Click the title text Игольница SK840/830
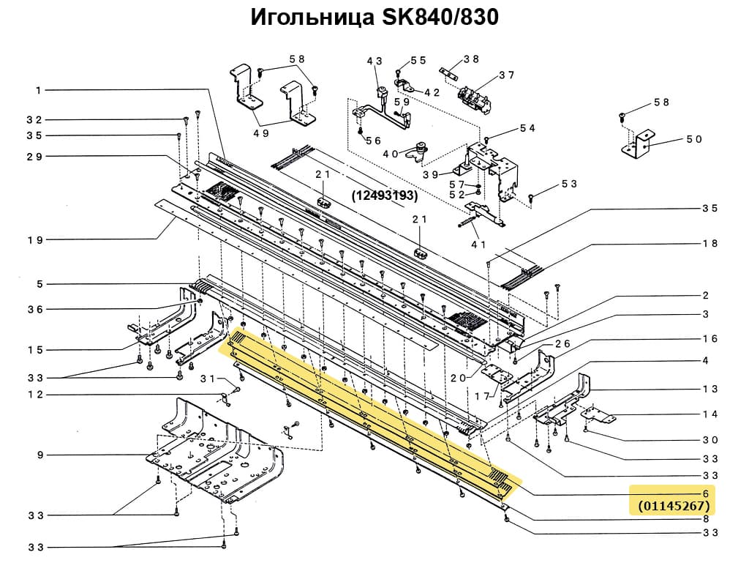pos(374,18)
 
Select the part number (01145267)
pos(673,506)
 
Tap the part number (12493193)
pos(385,195)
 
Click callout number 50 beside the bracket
pos(693,139)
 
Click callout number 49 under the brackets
pos(261,133)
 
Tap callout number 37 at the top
pos(507,75)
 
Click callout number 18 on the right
pos(710,243)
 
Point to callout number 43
pos(374,61)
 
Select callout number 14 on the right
pos(710,414)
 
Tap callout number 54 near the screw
pos(527,128)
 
